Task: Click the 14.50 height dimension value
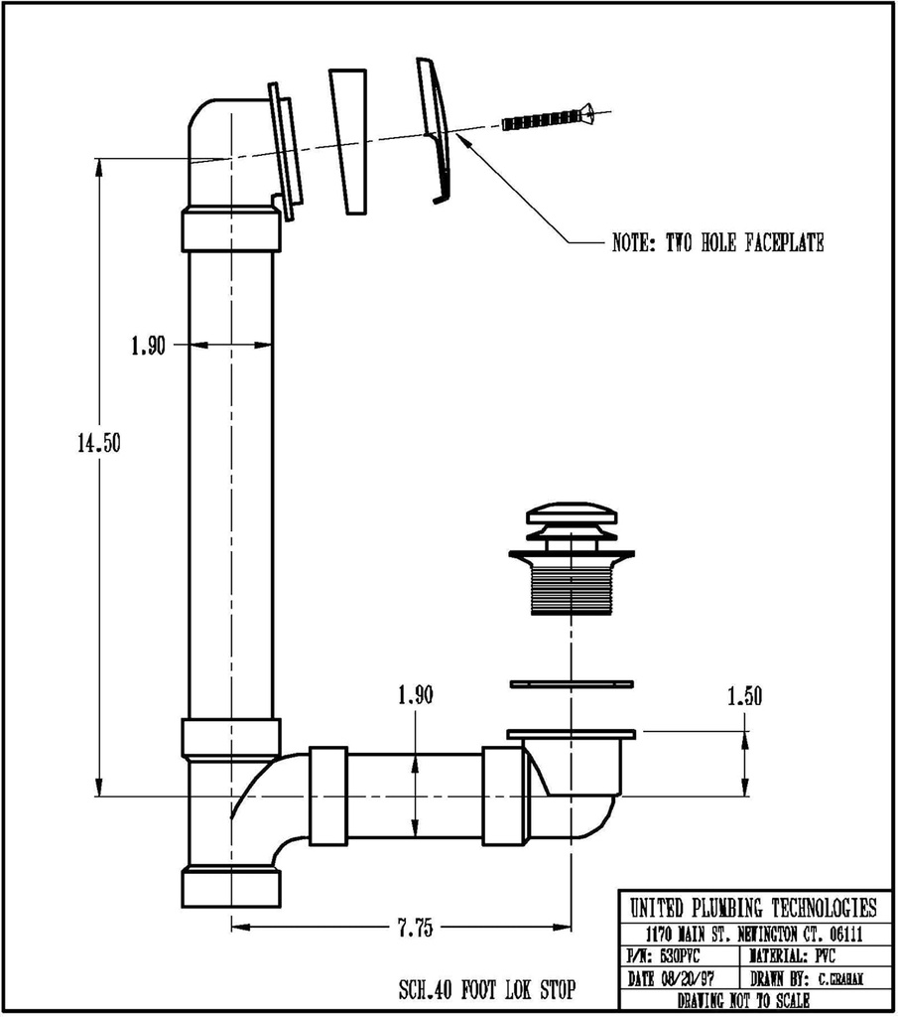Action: coord(98,444)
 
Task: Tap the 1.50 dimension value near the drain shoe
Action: coord(744,696)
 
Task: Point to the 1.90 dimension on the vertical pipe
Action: coord(148,347)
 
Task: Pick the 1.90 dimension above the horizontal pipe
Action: coord(415,696)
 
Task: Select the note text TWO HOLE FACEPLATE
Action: coord(717,243)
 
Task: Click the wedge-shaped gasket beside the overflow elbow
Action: coord(349,141)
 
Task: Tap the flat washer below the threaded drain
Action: coord(571,683)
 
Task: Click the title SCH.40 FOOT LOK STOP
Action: coord(486,990)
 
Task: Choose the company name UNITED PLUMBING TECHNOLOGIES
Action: coord(753,908)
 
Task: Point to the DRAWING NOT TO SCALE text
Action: coord(753,1000)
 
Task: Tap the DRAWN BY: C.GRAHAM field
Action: coord(814,979)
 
